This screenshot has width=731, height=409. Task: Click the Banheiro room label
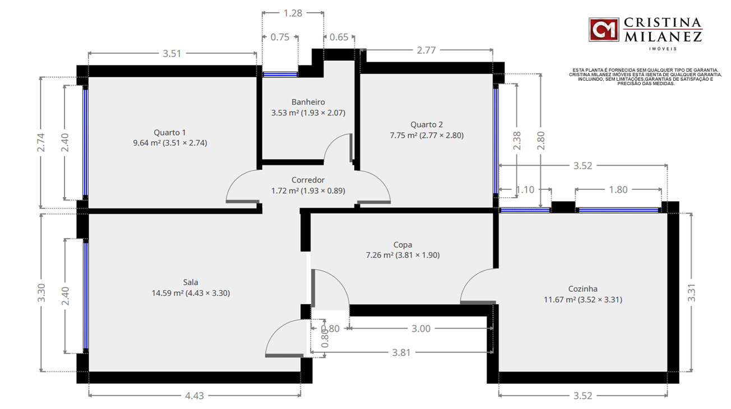(308, 102)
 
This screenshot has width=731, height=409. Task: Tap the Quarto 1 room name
(170, 132)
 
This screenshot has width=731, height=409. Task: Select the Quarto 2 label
(427, 124)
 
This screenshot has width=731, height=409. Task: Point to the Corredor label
(308, 180)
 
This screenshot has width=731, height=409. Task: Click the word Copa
(402, 245)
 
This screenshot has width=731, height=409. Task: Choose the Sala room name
(191, 282)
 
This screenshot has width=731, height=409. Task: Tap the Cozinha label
(583, 289)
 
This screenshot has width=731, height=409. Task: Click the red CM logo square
(604, 30)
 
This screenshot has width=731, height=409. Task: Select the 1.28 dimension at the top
(293, 13)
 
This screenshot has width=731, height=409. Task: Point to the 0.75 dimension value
(280, 37)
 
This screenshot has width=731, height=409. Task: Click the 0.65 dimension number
(339, 37)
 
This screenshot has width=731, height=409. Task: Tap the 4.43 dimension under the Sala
(195, 396)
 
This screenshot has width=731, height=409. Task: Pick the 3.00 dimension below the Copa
(421, 328)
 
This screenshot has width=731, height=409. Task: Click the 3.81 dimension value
(401, 352)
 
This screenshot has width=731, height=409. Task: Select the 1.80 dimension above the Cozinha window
(618, 190)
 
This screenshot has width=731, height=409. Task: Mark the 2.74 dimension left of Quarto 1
(41, 142)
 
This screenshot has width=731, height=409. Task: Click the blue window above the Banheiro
(280, 75)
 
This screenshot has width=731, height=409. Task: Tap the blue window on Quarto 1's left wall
(86, 142)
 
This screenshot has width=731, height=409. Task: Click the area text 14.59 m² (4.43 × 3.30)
(191, 293)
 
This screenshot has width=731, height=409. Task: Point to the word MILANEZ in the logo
(663, 37)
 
